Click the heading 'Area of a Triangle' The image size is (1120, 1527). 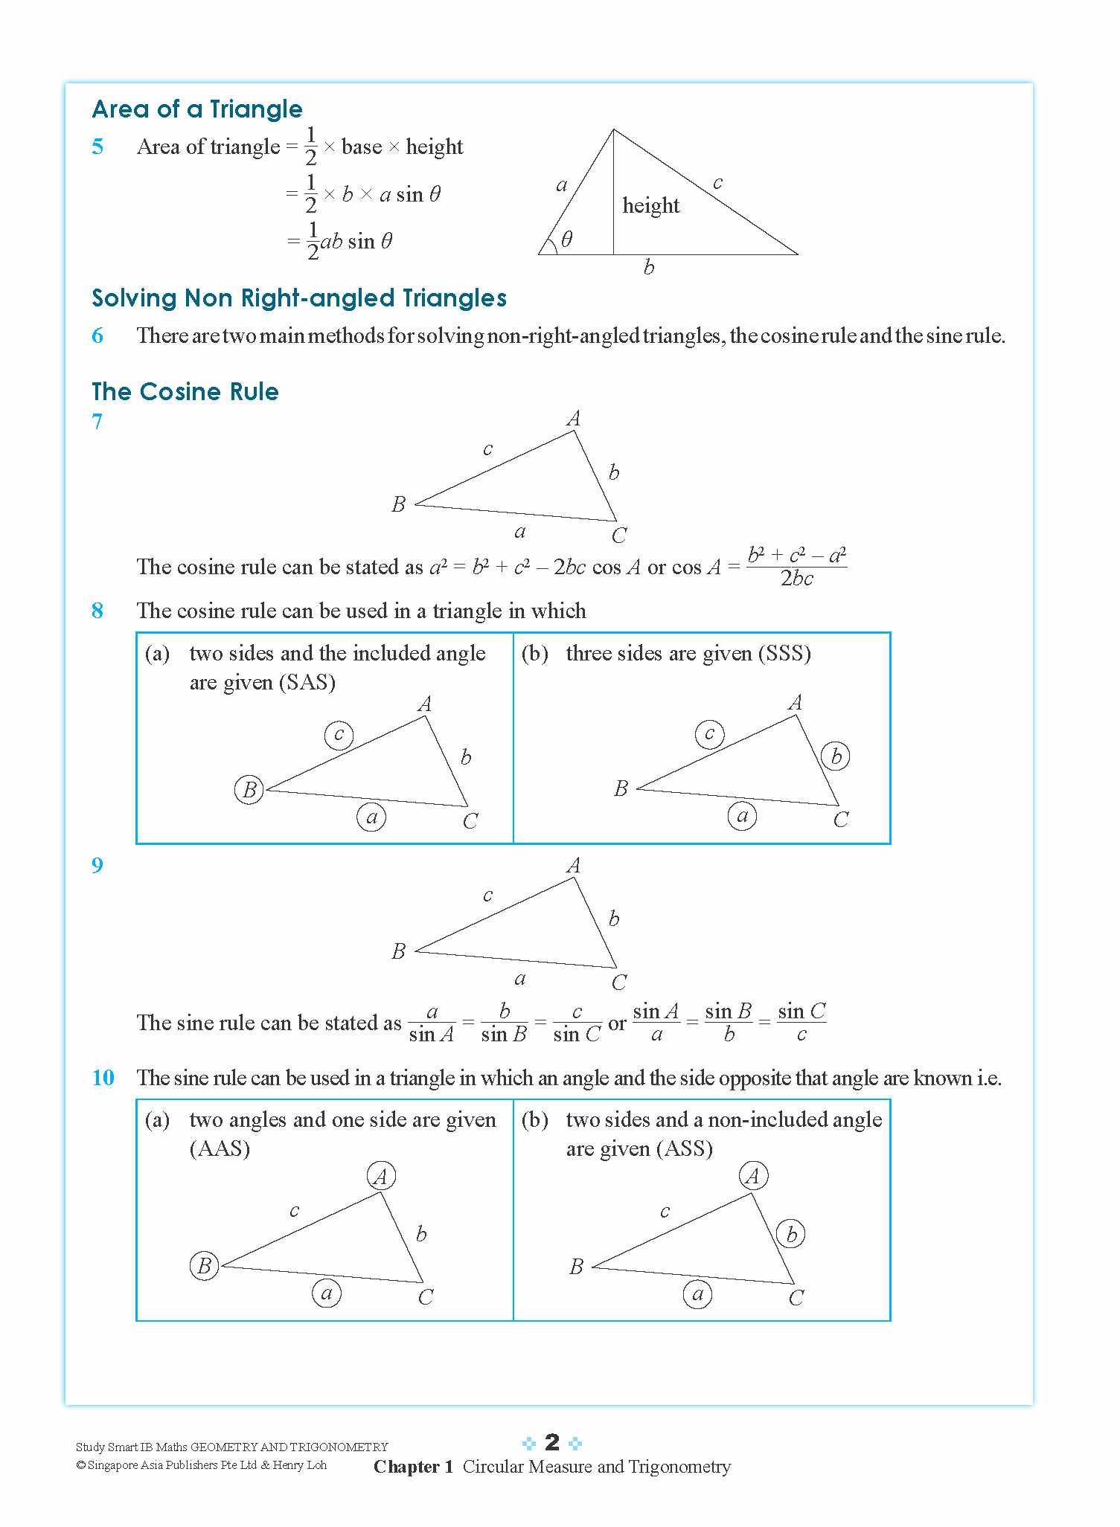(x=197, y=109)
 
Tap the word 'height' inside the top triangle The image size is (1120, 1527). (x=650, y=205)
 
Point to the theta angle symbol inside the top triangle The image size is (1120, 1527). (x=566, y=239)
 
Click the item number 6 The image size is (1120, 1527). (x=97, y=335)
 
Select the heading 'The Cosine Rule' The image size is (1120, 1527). (x=185, y=392)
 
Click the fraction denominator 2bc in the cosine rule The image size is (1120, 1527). (x=796, y=579)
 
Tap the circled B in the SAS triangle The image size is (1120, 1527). (x=249, y=789)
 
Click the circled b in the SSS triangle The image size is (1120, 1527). (x=836, y=756)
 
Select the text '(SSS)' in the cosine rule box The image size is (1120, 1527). (x=784, y=653)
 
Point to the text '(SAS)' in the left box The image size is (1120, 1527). (x=307, y=682)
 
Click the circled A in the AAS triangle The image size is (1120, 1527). (x=381, y=1177)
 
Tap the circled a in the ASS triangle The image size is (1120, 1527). (x=697, y=1294)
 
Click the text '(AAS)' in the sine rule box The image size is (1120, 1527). (x=220, y=1148)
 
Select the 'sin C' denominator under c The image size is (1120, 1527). (x=577, y=1035)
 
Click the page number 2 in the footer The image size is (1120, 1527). (x=551, y=1442)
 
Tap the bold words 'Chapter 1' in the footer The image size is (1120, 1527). (x=413, y=1467)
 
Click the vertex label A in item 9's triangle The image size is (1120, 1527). (x=573, y=866)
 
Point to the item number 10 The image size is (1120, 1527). (x=103, y=1078)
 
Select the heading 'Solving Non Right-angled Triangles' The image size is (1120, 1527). (x=299, y=298)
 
